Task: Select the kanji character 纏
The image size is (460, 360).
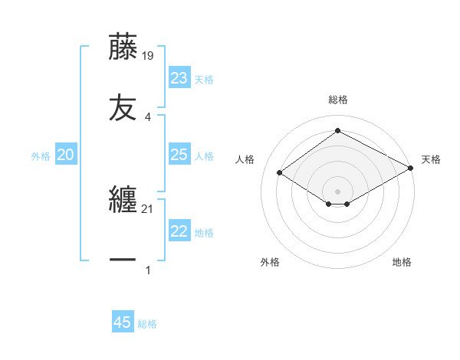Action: click(x=123, y=201)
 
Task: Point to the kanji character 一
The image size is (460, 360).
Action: click(x=123, y=260)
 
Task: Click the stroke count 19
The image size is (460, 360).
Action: click(x=148, y=55)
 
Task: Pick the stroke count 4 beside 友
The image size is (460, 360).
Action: click(x=148, y=116)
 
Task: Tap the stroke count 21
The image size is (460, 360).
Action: click(x=148, y=209)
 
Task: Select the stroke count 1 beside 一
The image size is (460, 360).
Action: click(x=148, y=270)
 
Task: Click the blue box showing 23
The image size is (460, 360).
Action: click(x=179, y=78)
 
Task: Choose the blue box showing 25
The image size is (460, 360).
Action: click(x=179, y=155)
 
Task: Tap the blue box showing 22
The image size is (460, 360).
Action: click(x=179, y=231)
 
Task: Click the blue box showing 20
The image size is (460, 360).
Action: click(x=66, y=155)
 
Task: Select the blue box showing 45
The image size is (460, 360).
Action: click(x=123, y=322)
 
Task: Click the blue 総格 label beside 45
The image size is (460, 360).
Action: click(x=147, y=324)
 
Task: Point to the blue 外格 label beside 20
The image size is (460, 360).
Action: click(x=41, y=156)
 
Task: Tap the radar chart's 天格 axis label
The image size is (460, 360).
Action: click(x=431, y=159)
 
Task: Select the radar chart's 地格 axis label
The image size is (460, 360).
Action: click(x=402, y=262)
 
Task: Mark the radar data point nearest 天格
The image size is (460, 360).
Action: click(x=411, y=169)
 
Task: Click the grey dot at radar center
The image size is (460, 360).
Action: click(x=337, y=191)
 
